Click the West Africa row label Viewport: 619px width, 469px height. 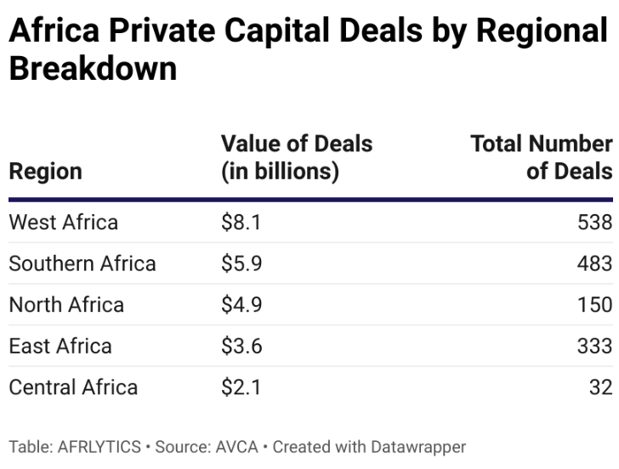tap(63, 223)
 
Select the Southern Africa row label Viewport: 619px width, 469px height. tap(82, 263)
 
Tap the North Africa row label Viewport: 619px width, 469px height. tap(66, 305)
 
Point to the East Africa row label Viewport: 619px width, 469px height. tap(60, 346)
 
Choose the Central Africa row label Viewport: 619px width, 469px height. tap(73, 387)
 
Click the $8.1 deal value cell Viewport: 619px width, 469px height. tap(241, 223)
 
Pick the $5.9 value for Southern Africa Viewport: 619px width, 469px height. tap(241, 263)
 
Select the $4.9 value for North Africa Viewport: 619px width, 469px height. tap(241, 305)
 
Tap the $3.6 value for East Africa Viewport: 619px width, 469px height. tap(241, 346)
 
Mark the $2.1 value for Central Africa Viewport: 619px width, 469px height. tap(241, 387)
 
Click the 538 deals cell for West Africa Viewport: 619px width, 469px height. tap(593, 223)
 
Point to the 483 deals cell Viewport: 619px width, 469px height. tap(593, 263)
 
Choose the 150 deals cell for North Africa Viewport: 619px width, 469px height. tap(593, 305)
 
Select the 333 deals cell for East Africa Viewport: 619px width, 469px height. tap(593, 346)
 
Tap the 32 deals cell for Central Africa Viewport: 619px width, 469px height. tap(600, 387)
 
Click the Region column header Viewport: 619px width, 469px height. tap(45, 171)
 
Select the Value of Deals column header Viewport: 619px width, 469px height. tap(296, 157)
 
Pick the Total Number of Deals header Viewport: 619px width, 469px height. tap(541, 157)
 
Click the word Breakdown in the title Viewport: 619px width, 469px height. tap(93, 68)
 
